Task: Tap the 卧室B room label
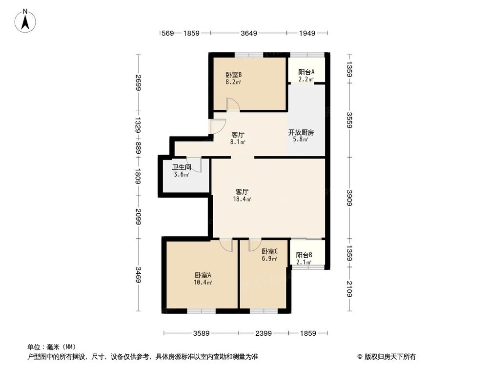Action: [x=233, y=75]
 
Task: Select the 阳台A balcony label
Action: [x=306, y=72]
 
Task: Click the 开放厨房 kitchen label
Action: [x=301, y=132]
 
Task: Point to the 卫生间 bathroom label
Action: [x=181, y=167]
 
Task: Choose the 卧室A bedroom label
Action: [x=203, y=275]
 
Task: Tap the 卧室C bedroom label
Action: [x=269, y=252]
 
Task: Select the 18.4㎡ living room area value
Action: [x=243, y=199]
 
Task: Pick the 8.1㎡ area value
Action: [x=238, y=142]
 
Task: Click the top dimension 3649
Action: [x=249, y=33]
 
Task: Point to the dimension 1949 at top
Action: [x=306, y=33]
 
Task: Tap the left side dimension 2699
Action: [x=139, y=83]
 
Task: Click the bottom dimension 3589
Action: [x=201, y=333]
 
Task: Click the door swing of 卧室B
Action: [x=232, y=104]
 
